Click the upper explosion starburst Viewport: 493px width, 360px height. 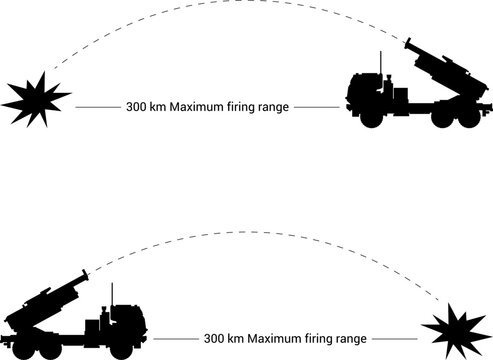click(34, 98)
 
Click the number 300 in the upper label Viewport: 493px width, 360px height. click(137, 106)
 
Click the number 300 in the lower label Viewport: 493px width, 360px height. click(214, 338)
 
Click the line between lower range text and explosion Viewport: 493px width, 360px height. click(395, 338)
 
